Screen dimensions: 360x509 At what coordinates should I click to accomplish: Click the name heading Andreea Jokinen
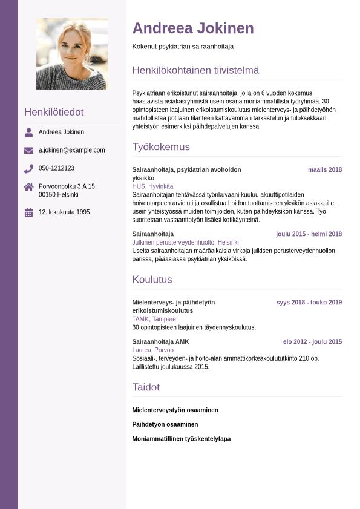pos(193,28)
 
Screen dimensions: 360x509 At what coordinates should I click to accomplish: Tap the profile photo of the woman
pos(72,54)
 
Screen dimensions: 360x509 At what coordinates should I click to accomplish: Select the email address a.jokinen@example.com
pos(72,150)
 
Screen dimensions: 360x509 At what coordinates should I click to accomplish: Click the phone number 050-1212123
pos(56,168)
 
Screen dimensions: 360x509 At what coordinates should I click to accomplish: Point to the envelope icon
pos(29,150)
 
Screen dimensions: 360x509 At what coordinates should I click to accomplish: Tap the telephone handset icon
pos(29,169)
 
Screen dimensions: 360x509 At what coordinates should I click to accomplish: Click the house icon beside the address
pos(29,187)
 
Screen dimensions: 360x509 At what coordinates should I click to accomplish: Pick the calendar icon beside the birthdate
pos(29,212)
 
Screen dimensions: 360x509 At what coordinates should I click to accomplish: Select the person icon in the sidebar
pos(29,132)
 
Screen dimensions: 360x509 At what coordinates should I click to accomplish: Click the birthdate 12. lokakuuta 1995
pos(64,212)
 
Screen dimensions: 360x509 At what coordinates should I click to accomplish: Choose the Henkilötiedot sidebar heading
pos(54,112)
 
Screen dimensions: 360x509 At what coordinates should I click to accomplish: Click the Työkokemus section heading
pos(161,147)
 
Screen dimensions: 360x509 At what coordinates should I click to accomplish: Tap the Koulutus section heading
pos(152,280)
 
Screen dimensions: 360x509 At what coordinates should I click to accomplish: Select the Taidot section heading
pos(146,387)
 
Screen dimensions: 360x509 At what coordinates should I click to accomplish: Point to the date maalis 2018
pos(325,170)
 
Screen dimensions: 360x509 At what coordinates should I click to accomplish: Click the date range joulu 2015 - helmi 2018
pos(309,234)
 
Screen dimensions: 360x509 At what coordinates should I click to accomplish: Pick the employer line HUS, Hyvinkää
pos(152,186)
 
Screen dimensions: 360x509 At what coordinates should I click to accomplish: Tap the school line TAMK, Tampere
pos(154,319)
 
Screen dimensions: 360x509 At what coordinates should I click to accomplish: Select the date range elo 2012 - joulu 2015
pos(312,342)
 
